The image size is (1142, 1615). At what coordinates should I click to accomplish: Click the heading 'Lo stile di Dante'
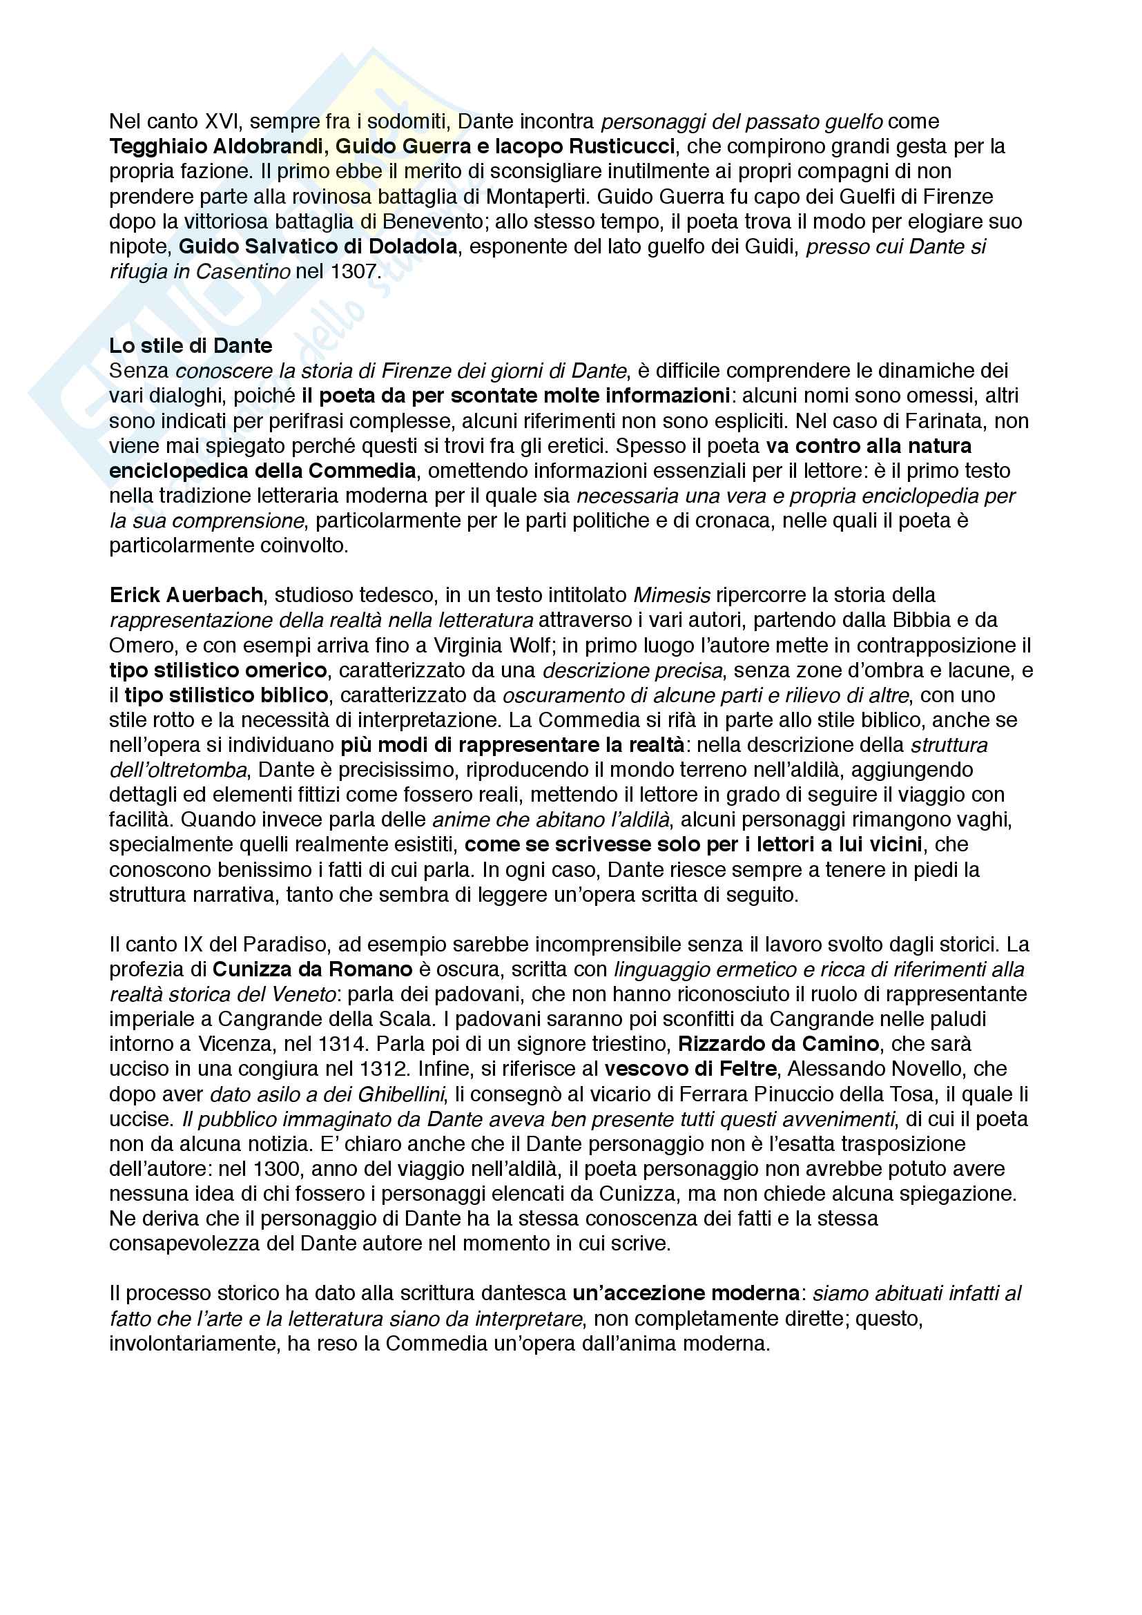point(191,345)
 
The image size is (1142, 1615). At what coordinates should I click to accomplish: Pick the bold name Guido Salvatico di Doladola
point(318,246)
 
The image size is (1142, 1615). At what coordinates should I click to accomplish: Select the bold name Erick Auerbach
point(186,595)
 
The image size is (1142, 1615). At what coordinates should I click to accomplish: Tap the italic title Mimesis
point(672,595)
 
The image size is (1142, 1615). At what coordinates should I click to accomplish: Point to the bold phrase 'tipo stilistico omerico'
point(218,670)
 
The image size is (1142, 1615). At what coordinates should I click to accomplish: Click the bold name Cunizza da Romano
point(312,969)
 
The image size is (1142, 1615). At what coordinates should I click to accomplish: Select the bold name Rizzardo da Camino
point(778,1044)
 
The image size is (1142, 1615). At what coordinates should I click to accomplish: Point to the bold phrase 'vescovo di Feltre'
point(690,1069)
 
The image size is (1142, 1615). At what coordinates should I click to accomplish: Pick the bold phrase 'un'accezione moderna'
point(686,1293)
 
